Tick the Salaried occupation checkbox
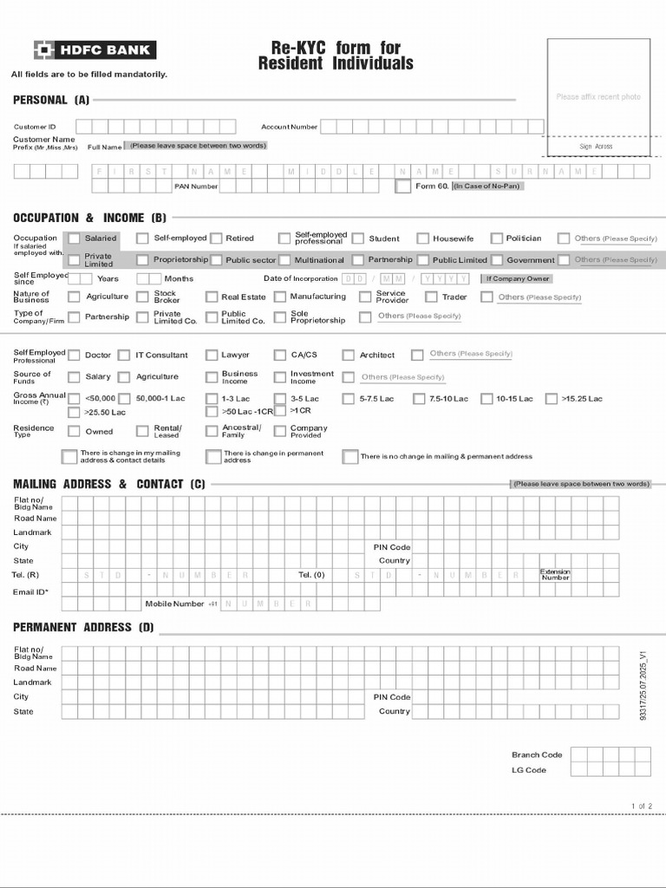(x=75, y=238)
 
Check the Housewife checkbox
(x=423, y=238)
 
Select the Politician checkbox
(x=497, y=238)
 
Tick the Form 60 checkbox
(x=402, y=186)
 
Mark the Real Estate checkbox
(x=212, y=297)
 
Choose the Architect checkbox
(x=349, y=355)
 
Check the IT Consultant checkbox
(x=124, y=355)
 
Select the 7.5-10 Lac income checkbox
(x=419, y=399)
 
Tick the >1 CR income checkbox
(x=281, y=411)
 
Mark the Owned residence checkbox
(x=75, y=431)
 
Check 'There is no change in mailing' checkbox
(x=350, y=456)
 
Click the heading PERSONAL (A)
(x=51, y=101)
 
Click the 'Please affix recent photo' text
(x=598, y=97)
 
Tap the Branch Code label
(x=537, y=754)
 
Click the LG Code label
(x=529, y=770)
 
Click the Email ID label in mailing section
(x=31, y=592)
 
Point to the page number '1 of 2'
(x=642, y=806)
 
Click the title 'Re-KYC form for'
(x=336, y=49)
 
